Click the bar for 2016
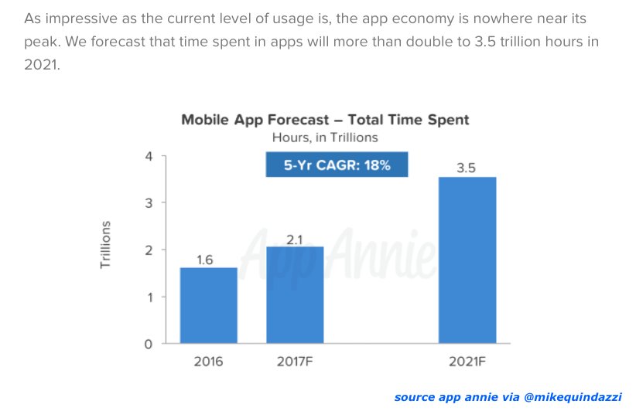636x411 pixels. point(209,305)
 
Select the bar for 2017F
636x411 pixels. point(295,295)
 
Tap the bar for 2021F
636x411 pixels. point(467,260)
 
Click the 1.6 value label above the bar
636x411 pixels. point(205,260)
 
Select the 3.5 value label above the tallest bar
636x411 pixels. point(467,168)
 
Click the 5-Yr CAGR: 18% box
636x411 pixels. point(335,164)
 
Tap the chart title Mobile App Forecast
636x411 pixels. point(325,120)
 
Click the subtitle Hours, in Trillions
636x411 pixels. point(325,138)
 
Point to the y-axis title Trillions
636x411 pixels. point(106,245)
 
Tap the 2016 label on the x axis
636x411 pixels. point(208,361)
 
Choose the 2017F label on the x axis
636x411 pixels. point(295,361)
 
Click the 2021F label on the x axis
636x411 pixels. point(467,361)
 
